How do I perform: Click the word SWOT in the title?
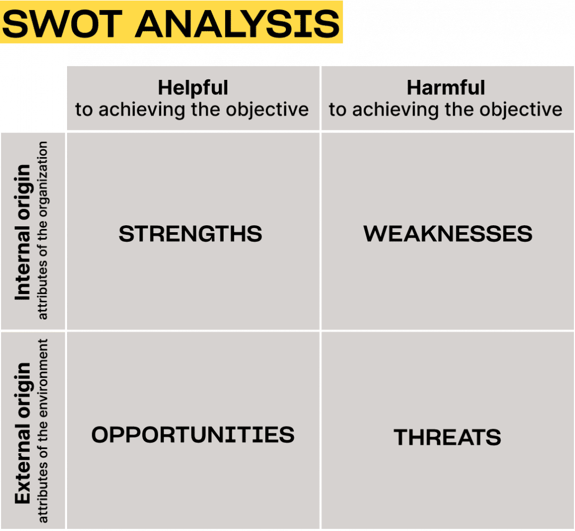[62, 24]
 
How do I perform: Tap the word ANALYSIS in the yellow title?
[237, 24]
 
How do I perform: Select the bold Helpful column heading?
[193, 88]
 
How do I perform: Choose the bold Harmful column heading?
[446, 88]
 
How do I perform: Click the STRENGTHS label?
[190, 234]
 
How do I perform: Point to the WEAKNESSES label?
[448, 234]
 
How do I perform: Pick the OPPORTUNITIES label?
[193, 435]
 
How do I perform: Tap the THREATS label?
[447, 437]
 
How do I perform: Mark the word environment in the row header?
[43, 378]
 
